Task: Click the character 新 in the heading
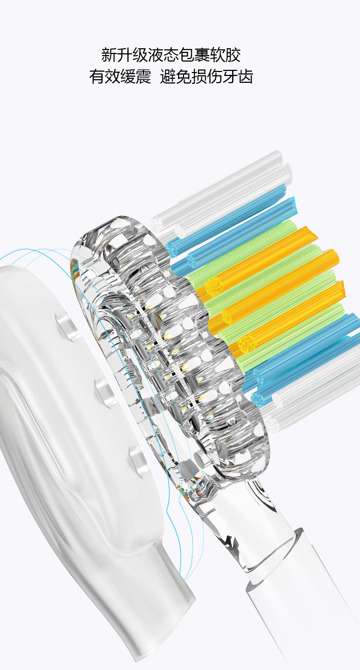[x=109, y=55]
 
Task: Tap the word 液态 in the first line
[x=163, y=55]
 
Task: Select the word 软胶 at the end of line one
[x=225, y=55]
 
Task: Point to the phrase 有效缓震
[x=120, y=77]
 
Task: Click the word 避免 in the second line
[x=176, y=77]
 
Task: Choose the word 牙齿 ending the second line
[x=238, y=77]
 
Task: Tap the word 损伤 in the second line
[x=207, y=77]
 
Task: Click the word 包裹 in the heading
[x=194, y=55]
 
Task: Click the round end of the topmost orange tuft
[x=214, y=286]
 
